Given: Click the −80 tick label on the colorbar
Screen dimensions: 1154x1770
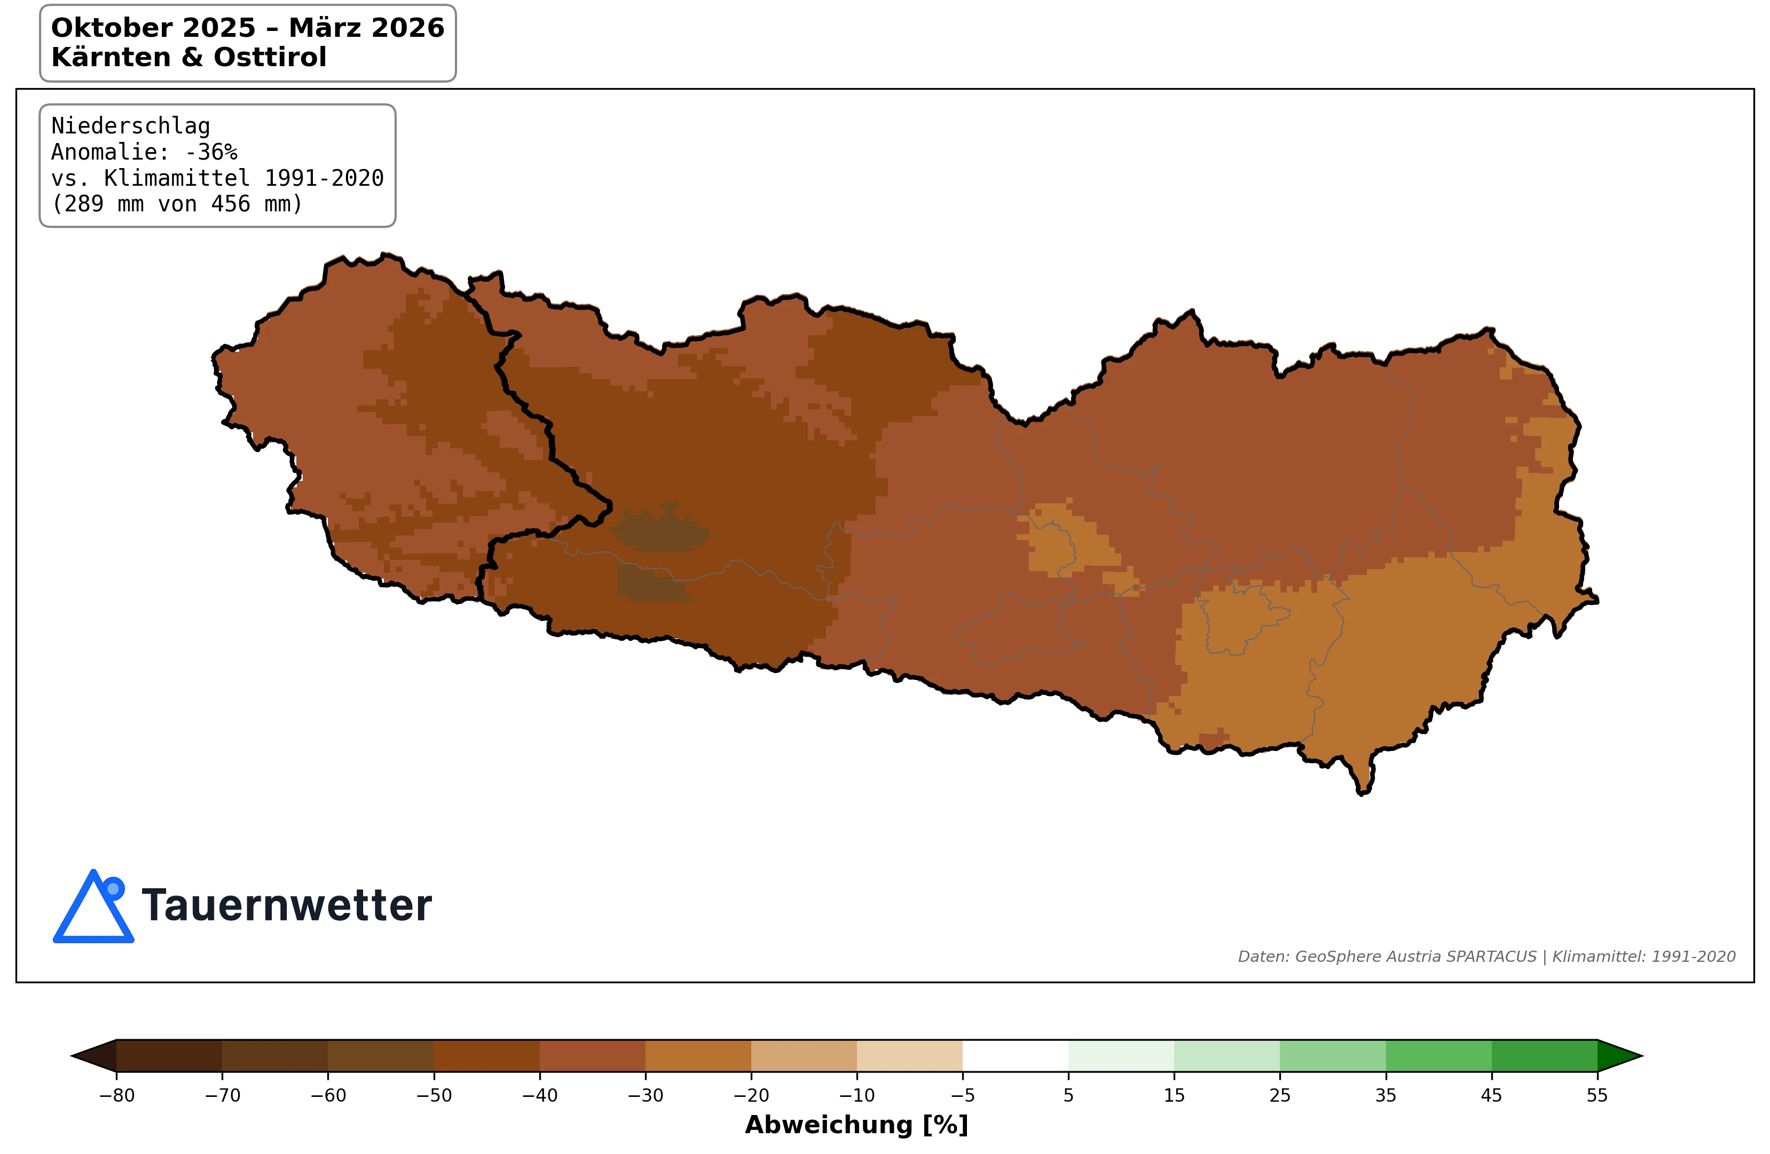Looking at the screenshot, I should coord(117,1095).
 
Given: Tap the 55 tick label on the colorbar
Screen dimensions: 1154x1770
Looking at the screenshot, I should coord(1596,1095).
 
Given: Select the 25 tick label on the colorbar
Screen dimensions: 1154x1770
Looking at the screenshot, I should coord(1279,1095).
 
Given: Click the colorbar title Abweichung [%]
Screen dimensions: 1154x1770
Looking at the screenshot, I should coord(856,1125).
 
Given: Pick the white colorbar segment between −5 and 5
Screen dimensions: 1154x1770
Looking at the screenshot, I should coord(1015,1056).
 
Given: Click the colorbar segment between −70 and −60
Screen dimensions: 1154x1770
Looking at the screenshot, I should coord(274,1056).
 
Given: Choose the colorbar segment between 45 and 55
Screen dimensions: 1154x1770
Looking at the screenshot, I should coord(1544,1056).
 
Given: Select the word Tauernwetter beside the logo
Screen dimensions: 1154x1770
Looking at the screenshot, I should coord(286,906).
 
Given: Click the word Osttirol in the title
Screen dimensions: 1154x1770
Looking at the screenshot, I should coord(270,57).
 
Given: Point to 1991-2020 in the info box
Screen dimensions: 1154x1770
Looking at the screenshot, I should coord(324,178).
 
